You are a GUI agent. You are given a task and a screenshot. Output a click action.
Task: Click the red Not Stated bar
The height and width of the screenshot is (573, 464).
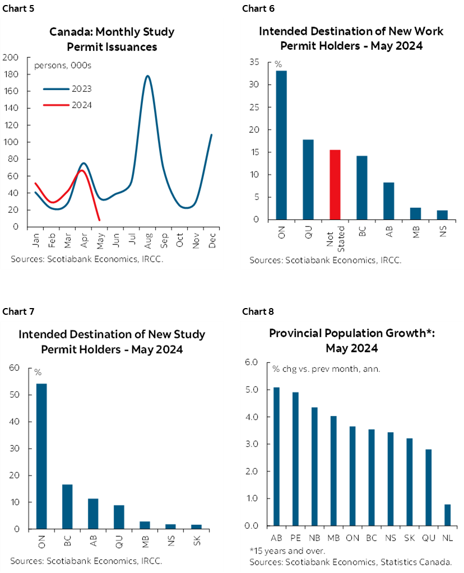coord(335,184)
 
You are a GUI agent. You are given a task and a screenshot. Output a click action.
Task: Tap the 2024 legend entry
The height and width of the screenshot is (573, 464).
coord(81,105)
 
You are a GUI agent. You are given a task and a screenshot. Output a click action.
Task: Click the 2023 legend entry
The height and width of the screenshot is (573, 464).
coord(81,88)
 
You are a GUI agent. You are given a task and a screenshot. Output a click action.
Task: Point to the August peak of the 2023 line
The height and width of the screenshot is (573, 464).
coord(147,76)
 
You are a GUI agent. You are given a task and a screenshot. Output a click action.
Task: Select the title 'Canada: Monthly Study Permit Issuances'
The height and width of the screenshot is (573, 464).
coord(112,39)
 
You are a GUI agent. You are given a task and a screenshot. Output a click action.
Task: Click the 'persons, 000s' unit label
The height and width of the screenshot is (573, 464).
coord(63,66)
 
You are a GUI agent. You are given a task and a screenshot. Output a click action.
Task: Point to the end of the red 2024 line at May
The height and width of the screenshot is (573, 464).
coord(99,220)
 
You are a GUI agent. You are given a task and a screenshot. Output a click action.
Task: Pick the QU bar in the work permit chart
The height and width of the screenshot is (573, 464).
coord(308,179)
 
